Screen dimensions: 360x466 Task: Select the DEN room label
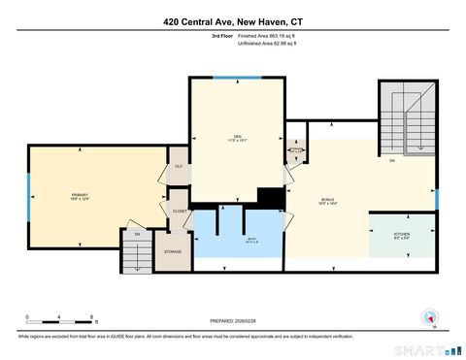pyautogui.click(x=231, y=136)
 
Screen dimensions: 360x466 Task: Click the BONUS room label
pyautogui.click(x=327, y=202)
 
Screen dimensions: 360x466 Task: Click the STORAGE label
pyautogui.click(x=173, y=251)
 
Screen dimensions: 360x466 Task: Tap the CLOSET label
pyautogui.click(x=180, y=211)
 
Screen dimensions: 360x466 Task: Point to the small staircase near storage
pyautogui.click(x=137, y=250)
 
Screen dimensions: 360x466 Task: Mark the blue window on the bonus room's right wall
pyautogui.click(x=437, y=199)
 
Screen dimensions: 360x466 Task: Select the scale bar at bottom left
pyautogui.click(x=59, y=316)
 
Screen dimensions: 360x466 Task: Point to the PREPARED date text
pyautogui.click(x=233, y=320)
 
